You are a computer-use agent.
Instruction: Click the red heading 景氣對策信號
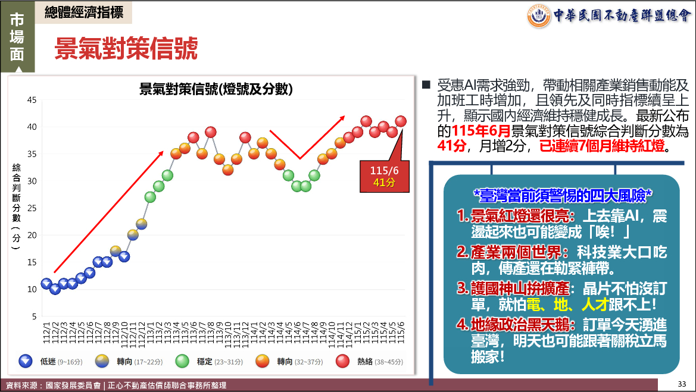point(126,48)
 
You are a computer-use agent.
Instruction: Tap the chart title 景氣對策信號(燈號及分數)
point(216,89)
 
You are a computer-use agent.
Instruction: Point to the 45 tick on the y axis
point(32,100)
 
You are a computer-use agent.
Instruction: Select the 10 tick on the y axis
point(32,289)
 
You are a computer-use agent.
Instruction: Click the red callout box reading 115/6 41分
point(385,177)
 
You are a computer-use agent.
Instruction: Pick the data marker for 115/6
point(401,121)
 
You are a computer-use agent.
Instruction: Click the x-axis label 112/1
point(46,332)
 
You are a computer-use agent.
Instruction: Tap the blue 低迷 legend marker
point(26,362)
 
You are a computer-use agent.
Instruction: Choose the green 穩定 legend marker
point(182,362)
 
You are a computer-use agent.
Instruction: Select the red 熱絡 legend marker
point(343,362)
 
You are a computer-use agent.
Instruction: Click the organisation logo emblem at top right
point(539,16)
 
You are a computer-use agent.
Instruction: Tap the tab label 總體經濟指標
point(84,12)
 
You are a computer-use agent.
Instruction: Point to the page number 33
point(682,384)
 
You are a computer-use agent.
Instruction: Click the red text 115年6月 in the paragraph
point(481,131)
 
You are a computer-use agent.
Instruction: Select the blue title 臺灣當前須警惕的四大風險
point(563,195)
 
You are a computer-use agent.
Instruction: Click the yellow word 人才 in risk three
point(595,304)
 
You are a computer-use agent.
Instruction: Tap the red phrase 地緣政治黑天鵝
point(520,325)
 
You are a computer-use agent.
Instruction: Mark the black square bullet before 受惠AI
point(426,84)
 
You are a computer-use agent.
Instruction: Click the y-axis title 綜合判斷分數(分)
point(17,206)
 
